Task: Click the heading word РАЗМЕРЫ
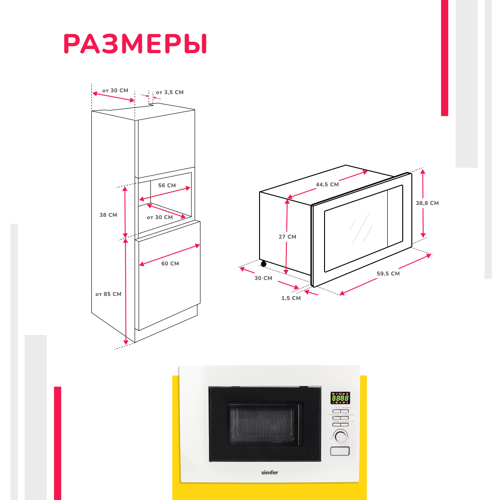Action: [x=135, y=44]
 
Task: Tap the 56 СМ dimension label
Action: [x=167, y=185]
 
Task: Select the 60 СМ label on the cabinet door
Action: [x=170, y=264]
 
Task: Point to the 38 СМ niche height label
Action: [x=108, y=215]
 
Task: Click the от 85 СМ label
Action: [x=108, y=294]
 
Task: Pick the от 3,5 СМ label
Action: [x=170, y=92]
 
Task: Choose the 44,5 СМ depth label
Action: [x=327, y=185]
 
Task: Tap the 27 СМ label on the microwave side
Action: [x=287, y=237]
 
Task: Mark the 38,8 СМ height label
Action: [x=427, y=203]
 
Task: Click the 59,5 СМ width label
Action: [x=388, y=274]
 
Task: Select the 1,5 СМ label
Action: [x=291, y=298]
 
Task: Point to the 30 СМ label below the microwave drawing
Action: [x=263, y=278]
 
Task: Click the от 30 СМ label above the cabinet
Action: [x=115, y=90]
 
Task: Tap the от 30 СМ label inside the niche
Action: [x=160, y=217]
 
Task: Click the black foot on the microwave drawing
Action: [x=263, y=264]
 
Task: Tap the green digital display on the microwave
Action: [x=340, y=398]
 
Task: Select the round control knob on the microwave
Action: [x=340, y=436]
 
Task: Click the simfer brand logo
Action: [x=270, y=473]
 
